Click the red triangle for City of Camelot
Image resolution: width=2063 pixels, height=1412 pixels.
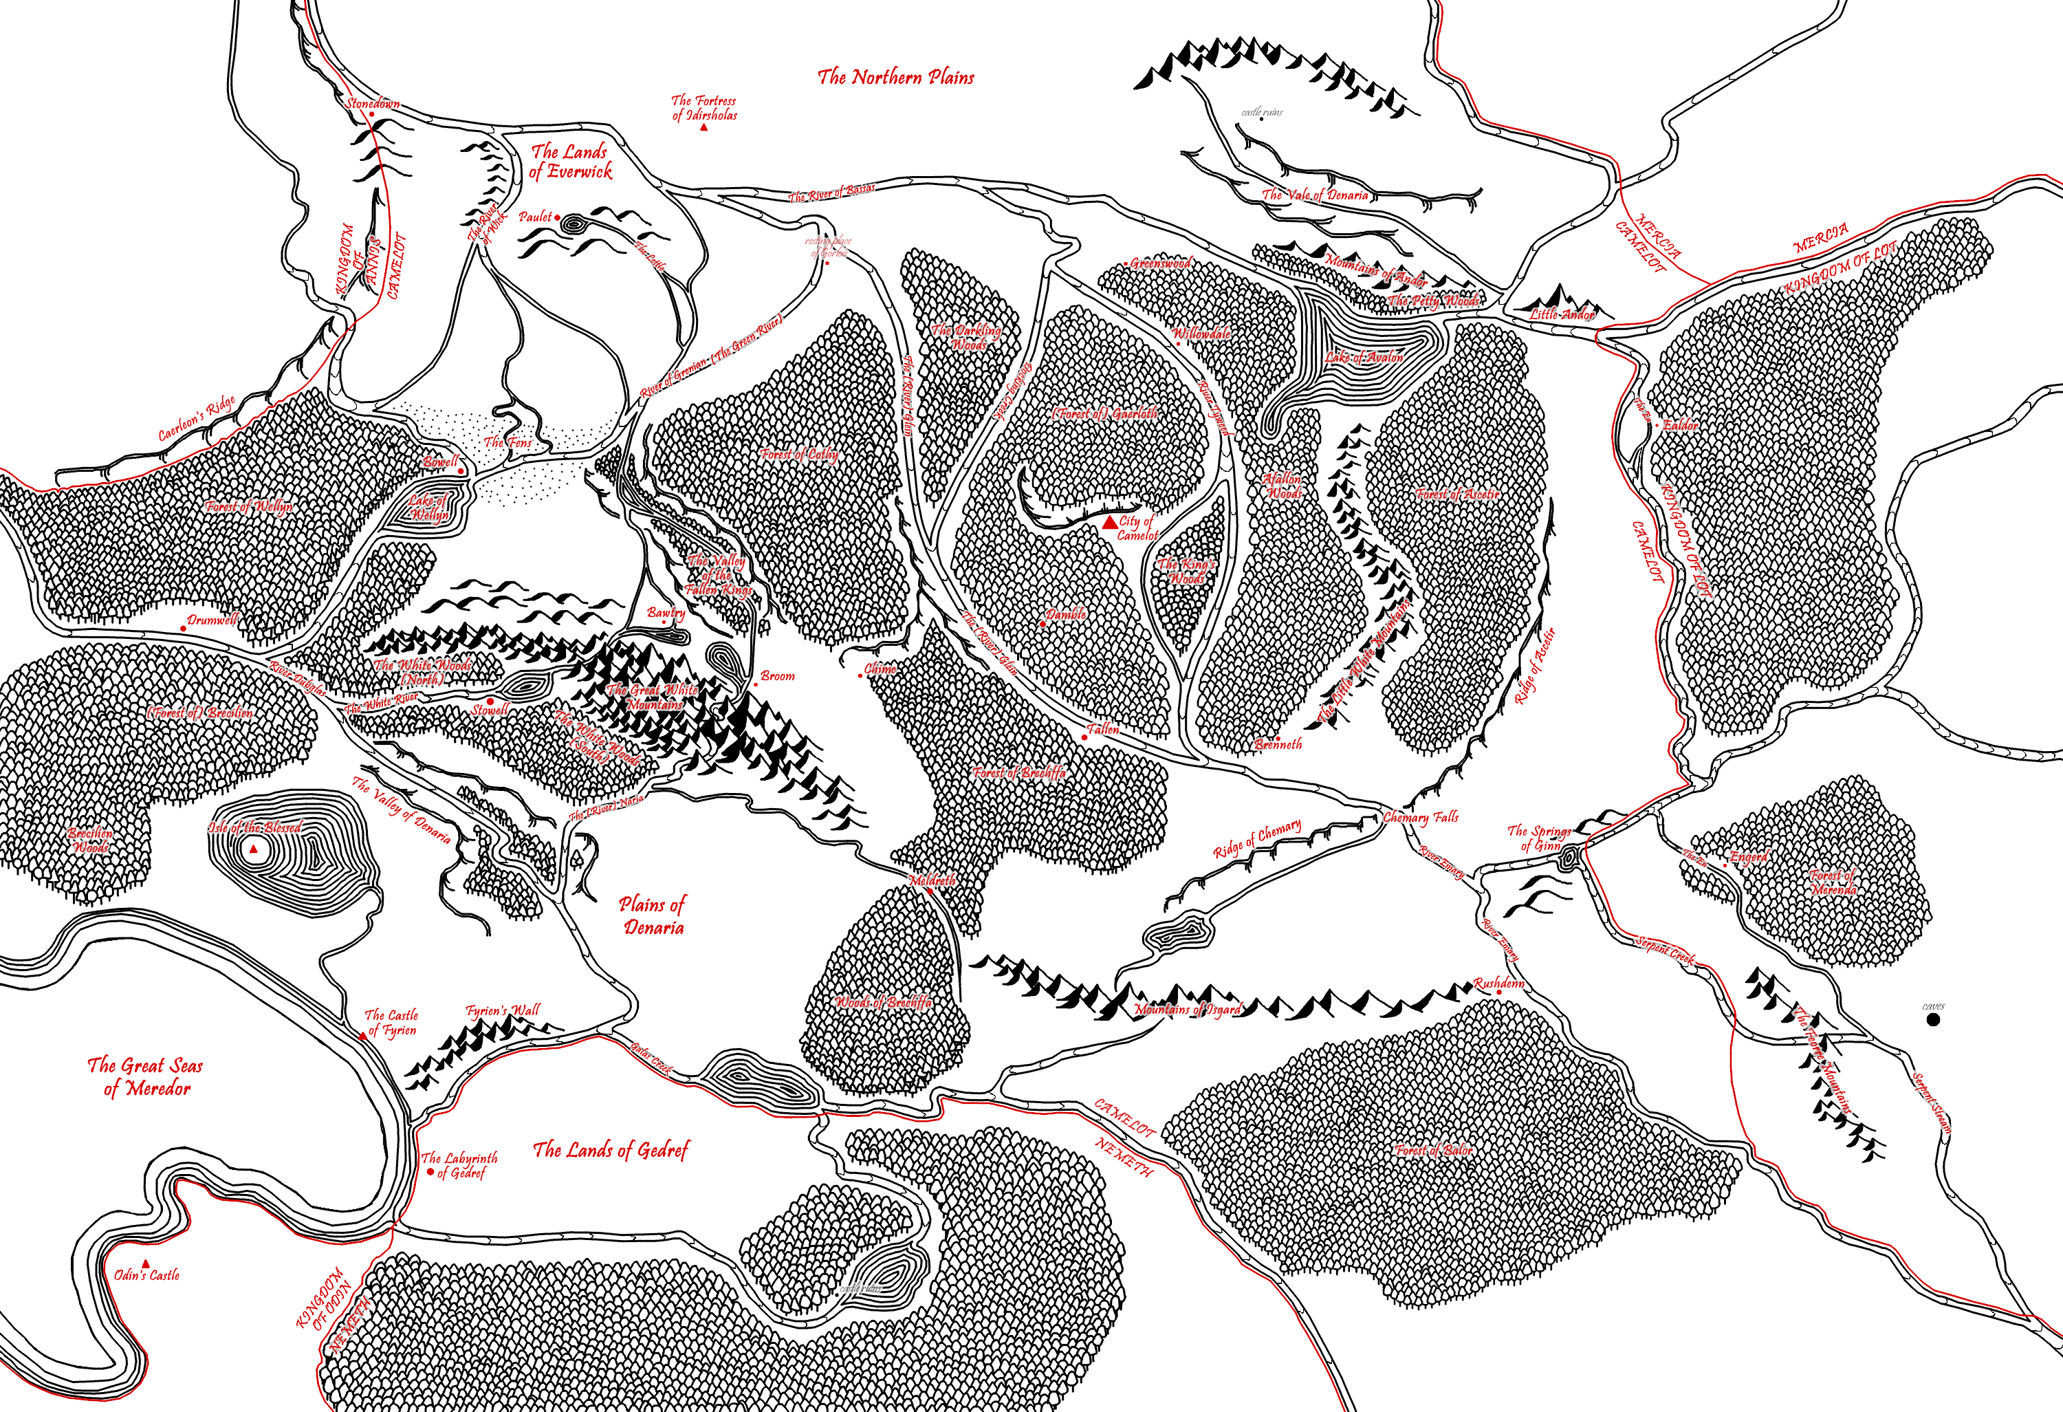click(x=1109, y=524)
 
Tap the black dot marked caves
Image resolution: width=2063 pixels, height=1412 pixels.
click(x=1934, y=1019)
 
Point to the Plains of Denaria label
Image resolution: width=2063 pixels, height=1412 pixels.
click(x=653, y=915)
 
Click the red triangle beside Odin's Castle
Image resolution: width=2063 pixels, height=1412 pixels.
click(x=146, y=1263)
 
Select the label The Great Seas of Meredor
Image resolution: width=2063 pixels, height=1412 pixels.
click(x=146, y=1076)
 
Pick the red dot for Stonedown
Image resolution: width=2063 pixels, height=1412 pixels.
click(x=371, y=113)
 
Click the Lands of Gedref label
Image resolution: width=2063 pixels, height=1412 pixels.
click(x=611, y=1150)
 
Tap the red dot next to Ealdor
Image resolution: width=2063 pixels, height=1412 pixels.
click(x=1657, y=425)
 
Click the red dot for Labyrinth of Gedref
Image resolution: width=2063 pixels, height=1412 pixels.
click(x=431, y=1172)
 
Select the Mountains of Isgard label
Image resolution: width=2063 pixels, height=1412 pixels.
click(x=1188, y=1010)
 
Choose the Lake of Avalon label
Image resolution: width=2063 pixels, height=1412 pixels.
click(x=1364, y=357)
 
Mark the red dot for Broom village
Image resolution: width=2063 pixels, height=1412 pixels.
click(x=756, y=685)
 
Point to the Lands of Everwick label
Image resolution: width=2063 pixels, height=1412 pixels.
click(x=570, y=162)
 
